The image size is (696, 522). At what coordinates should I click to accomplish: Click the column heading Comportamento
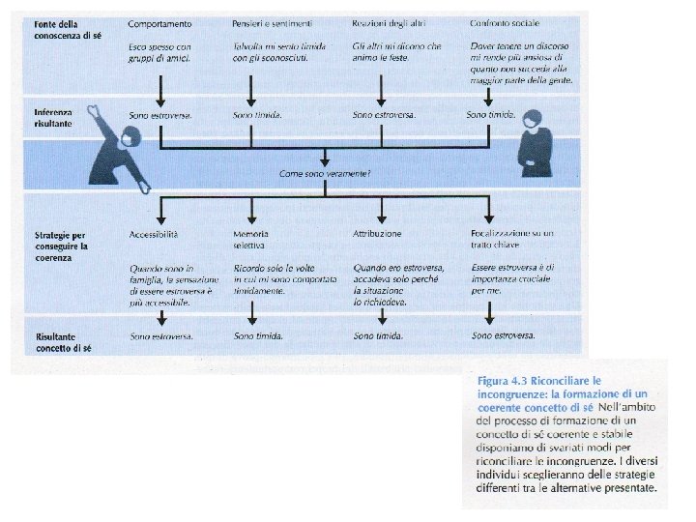[x=159, y=22]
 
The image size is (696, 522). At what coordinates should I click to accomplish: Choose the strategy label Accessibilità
[x=153, y=234]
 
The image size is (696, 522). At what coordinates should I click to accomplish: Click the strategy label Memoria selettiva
[x=250, y=240]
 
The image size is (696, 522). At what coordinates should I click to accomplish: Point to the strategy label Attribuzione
[x=378, y=234]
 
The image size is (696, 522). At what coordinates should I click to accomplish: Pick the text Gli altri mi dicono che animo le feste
[x=395, y=52]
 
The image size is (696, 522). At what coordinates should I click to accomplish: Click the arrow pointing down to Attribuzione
[x=383, y=212]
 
